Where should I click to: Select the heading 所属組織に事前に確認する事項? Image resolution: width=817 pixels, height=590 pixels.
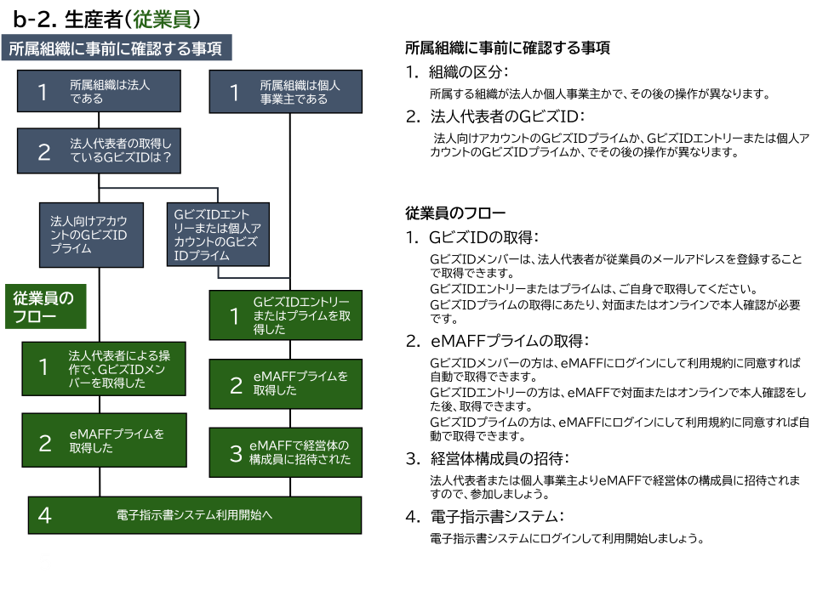[x=117, y=48]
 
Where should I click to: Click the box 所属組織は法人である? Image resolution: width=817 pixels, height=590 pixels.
[x=99, y=91]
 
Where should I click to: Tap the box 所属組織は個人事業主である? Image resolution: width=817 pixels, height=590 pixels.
[x=286, y=91]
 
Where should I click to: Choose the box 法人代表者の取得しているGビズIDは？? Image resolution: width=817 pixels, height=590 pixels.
[x=99, y=151]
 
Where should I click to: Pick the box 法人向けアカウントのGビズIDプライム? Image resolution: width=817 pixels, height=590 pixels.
[x=91, y=234]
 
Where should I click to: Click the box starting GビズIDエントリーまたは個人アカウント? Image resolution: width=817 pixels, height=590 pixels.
[x=218, y=234]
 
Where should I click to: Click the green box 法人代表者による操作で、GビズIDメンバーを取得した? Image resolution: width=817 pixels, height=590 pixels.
[x=104, y=369]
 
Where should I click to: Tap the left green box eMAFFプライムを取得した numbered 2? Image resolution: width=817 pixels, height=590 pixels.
[x=104, y=441]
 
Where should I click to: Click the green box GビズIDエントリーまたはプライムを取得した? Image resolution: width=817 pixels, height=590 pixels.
[x=286, y=315]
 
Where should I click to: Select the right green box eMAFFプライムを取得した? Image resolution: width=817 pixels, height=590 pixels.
[x=286, y=383]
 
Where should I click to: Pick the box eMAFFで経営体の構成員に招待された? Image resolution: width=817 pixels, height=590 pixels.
[x=286, y=452]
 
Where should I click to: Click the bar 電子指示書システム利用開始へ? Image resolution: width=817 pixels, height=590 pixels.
[x=195, y=515]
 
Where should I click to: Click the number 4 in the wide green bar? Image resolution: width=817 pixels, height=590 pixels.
[x=45, y=515]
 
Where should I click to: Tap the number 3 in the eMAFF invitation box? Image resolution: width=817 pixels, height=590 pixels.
[x=236, y=454]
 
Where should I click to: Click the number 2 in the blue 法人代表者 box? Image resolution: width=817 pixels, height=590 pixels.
[x=44, y=152]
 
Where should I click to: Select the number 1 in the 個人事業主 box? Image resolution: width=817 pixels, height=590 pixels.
[x=235, y=92]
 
